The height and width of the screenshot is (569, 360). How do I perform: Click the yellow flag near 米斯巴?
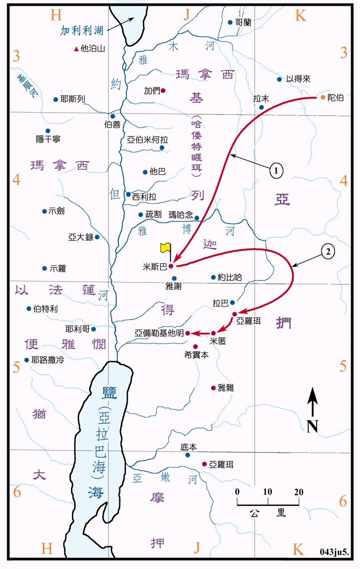pos(165,247)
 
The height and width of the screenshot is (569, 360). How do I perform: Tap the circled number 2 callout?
pos(328,252)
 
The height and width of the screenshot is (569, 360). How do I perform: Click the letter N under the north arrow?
pos(313,426)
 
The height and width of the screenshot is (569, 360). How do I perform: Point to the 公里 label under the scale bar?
pos(268,512)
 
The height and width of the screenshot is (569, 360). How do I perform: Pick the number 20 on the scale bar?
pos(298,492)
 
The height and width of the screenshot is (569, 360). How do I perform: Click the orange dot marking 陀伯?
pos(323,97)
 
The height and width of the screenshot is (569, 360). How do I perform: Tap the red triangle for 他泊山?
pos(76,49)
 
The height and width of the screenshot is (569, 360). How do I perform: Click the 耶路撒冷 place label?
pos(47,359)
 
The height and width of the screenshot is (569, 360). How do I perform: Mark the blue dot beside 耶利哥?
pos(93,329)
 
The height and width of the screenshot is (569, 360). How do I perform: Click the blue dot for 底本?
pos(188,455)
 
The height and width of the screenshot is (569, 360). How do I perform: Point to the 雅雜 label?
pos(226,388)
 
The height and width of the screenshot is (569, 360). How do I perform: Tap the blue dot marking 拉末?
pos(262,107)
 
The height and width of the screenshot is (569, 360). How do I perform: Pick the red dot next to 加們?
pos(163,91)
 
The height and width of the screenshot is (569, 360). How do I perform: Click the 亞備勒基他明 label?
pos(159,333)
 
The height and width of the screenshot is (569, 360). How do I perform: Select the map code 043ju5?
pos(334,552)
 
